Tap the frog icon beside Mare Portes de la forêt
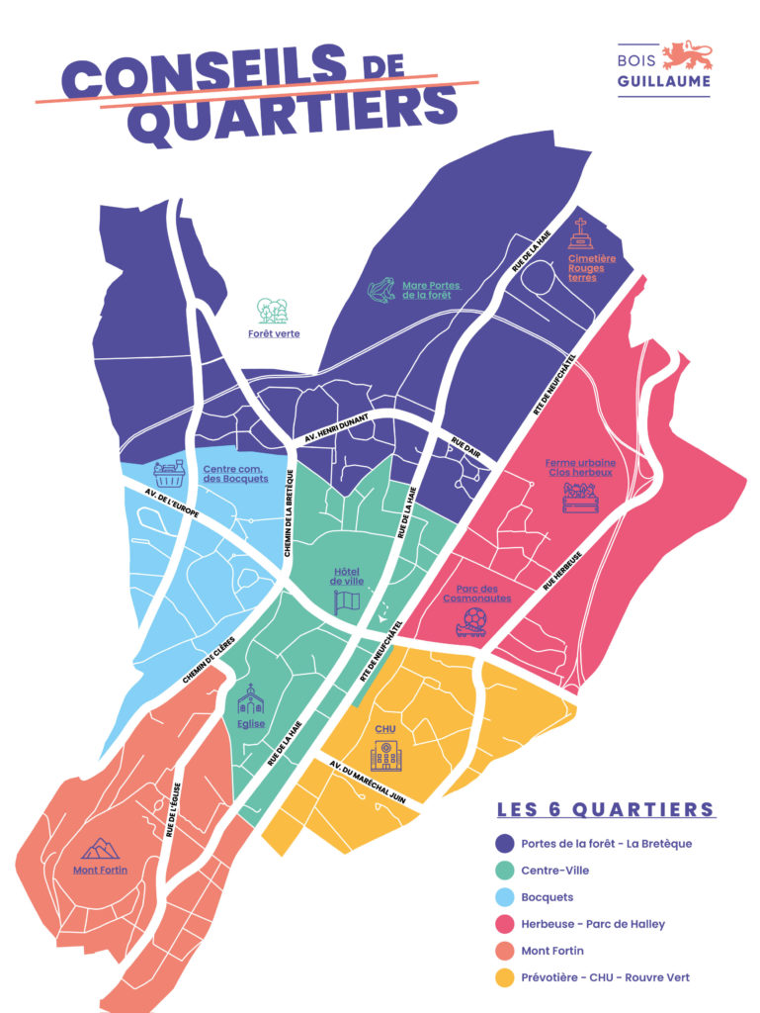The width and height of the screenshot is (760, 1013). pyautogui.click(x=381, y=290)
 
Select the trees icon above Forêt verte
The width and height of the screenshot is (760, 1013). pyautogui.click(x=273, y=311)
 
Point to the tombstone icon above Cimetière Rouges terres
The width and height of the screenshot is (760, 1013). pyautogui.click(x=582, y=234)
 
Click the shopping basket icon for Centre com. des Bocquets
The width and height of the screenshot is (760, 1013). pyautogui.click(x=171, y=473)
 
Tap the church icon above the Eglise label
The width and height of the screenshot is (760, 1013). pyautogui.click(x=251, y=701)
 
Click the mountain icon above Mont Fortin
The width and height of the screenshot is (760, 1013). pyautogui.click(x=100, y=849)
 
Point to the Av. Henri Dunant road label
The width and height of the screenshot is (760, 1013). pyautogui.click(x=332, y=431)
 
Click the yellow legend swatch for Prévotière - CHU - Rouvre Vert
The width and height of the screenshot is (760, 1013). pyautogui.click(x=505, y=977)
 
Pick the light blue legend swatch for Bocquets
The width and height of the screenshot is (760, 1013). pyautogui.click(x=505, y=897)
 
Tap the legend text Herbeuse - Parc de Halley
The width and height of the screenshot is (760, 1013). pyautogui.click(x=593, y=924)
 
